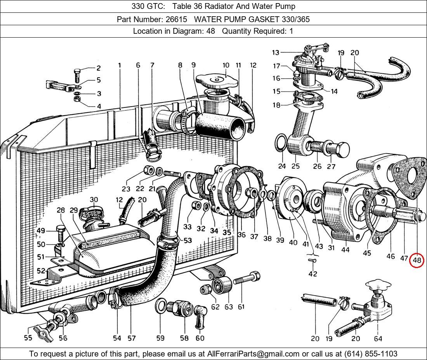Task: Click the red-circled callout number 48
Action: pyautogui.click(x=417, y=260)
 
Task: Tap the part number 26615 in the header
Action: pyautogui.click(x=177, y=19)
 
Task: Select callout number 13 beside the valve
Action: pyautogui.click(x=276, y=52)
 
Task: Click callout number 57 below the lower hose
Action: pyautogui.click(x=132, y=338)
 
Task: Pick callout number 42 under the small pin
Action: pyautogui.click(x=312, y=273)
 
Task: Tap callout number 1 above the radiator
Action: pyautogui.click(x=120, y=65)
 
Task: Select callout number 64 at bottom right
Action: pyautogui.click(x=378, y=338)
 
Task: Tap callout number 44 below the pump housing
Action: pyautogui.click(x=345, y=250)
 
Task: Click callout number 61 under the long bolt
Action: pyautogui.click(x=241, y=307)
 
